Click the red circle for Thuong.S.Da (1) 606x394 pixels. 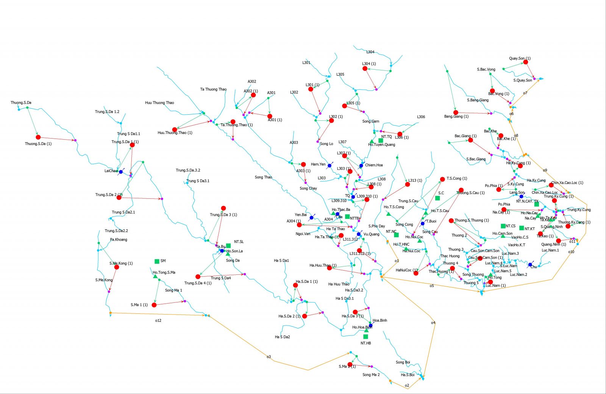pyautogui.click(x=38, y=137)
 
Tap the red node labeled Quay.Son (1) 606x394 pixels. pyautogui.click(x=526, y=62)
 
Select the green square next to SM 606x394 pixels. pyautogui.click(x=157, y=261)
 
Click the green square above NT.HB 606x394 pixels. pyautogui.click(x=365, y=336)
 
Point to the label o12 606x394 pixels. pyautogui.click(x=158, y=321)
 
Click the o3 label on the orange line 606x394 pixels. pyautogui.click(x=269, y=357)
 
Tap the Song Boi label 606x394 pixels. pyautogui.click(x=403, y=362)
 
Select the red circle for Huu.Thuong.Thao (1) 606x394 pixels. pyautogui.click(x=175, y=129)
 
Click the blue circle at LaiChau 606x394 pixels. pyautogui.click(x=121, y=172)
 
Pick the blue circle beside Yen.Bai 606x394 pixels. pyautogui.click(x=312, y=218)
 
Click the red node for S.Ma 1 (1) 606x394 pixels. pyautogui.click(x=154, y=305)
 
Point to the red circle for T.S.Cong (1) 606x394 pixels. pyautogui.click(x=442, y=179)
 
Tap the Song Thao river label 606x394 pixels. pyautogui.click(x=263, y=177)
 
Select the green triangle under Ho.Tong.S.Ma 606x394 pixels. pyautogui.click(x=155, y=277)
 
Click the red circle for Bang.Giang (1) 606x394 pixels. pyautogui.click(x=456, y=112)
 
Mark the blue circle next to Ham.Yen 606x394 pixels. pyautogui.click(x=330, y=166)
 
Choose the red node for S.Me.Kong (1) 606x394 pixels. pyautogui.click(x=117, y=267)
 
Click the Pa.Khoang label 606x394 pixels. pyautogui.click(x=119, y=240)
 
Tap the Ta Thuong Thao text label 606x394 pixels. pyautogui.click(x=213, y=89)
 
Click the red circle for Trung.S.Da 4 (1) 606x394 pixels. pyautogui.click(x=198, y=277)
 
